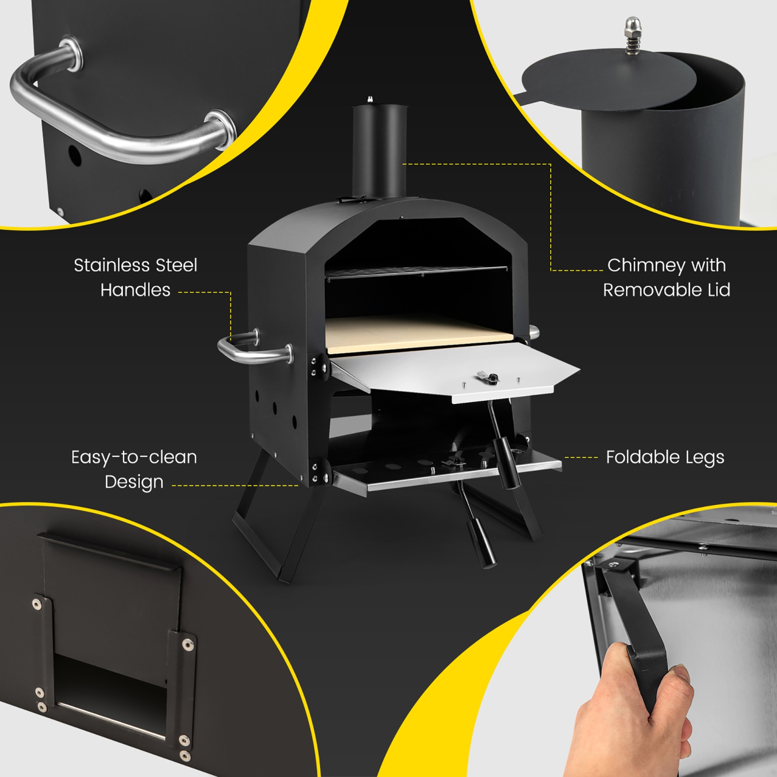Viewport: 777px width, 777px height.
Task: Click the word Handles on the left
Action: (x=135, y=290)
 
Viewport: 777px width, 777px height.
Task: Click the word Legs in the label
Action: (x=705, y=458)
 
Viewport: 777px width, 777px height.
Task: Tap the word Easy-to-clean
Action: (x=134, y=457)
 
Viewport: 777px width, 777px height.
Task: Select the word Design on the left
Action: (x=134, y=482)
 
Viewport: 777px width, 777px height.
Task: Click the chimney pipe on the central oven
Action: (x=379, y=150)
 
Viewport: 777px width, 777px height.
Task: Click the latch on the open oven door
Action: (x=487, y=378)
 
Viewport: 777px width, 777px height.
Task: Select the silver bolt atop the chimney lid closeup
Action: (x=632, y=35)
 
